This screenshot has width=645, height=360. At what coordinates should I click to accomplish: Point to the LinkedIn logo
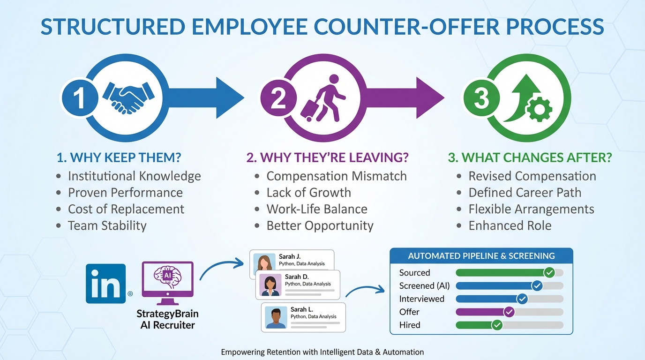pyautogui.click(x=106, y=283)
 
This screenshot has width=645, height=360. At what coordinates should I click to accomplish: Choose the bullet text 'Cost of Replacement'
pyautogui.click(x=126, y=209)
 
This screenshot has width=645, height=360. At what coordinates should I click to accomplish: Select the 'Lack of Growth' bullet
pyautogui.click(x=308, y=193)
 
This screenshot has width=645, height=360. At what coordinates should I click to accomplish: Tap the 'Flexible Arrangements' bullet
pyautogui.click(x=531, y=209)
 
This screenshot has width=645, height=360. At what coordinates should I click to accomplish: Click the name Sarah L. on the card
pyautogui.click(x=302, y=309)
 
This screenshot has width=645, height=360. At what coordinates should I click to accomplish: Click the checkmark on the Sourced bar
pyautogui.click(x=549, y=272)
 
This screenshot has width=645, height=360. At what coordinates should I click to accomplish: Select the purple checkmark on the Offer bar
pyautogui.click(x=509, y=312)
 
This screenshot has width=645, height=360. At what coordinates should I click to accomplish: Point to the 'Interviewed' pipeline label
pyautogui.click(x=422, y=299)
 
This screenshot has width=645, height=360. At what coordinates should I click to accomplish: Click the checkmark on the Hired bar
pyautogui.click(x=497, y=325)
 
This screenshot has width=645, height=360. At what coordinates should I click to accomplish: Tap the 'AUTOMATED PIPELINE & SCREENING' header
pyautogui.click(x=481, y=256)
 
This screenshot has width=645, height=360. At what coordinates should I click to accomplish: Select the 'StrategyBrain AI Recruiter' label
pyautogui.click(x=167, y=319)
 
